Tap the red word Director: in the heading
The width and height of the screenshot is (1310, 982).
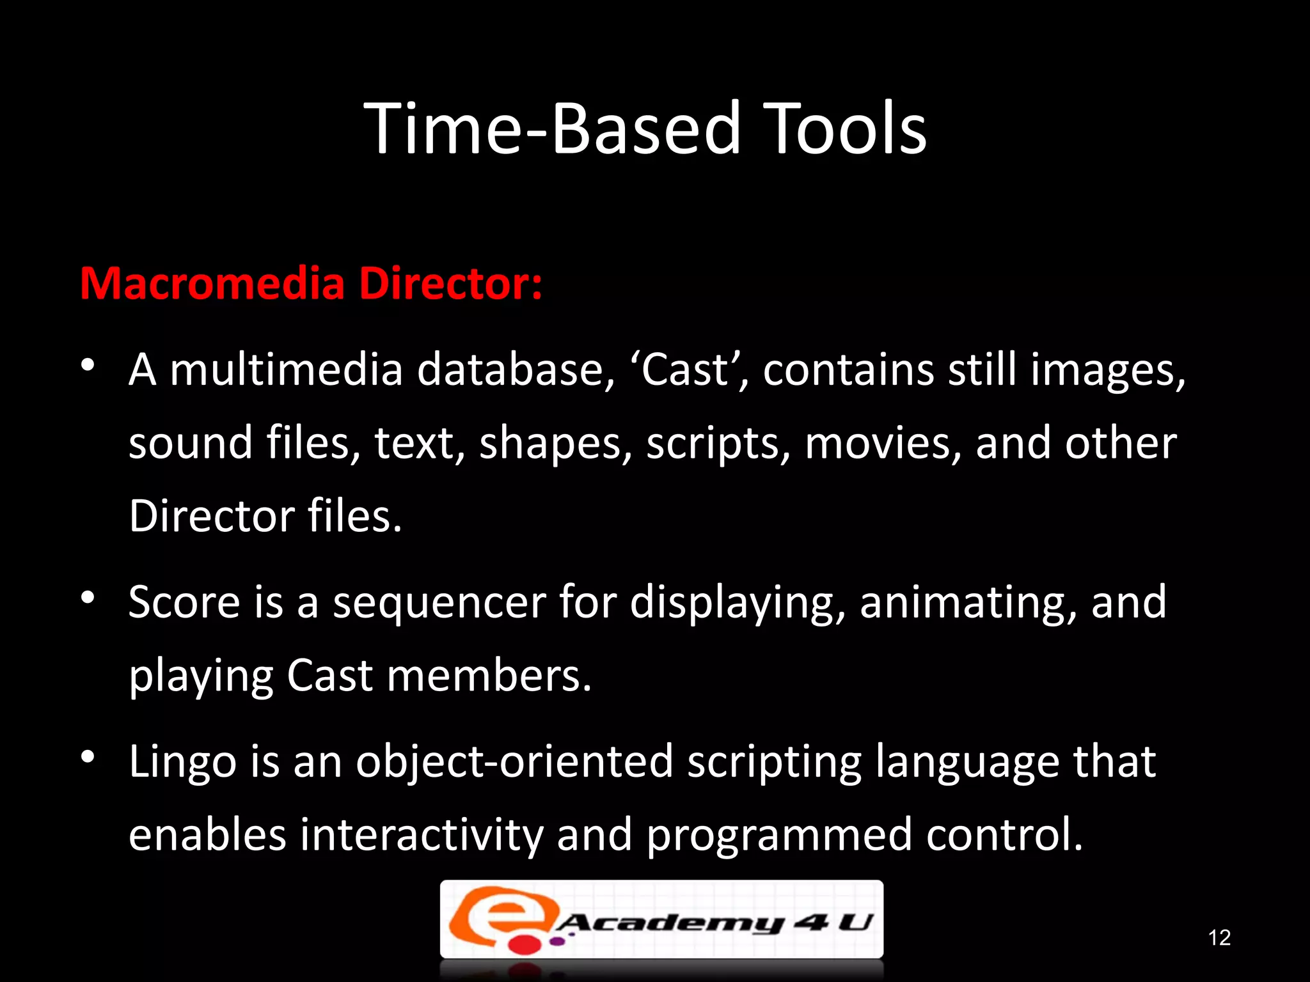click(450, 284)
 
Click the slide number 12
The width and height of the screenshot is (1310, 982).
click(1219, 937)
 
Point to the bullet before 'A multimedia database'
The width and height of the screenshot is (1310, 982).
click(88, 365)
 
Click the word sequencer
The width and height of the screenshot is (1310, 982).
click(439, 602)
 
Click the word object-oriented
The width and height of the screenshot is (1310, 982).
click(514, 762)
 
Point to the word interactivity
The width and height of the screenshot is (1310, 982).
click(422, 836)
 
